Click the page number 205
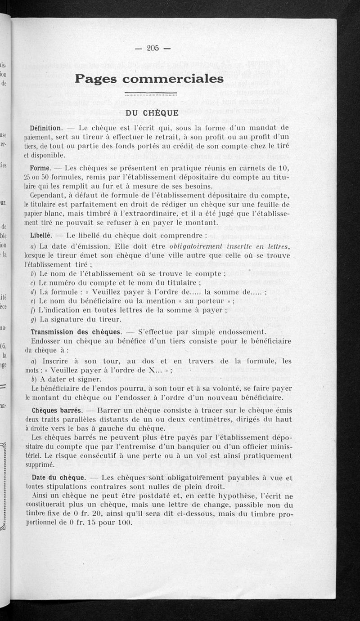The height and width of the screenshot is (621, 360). point(153,49)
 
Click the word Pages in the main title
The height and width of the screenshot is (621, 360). point(96,79)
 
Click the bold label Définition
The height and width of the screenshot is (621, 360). point(46,128)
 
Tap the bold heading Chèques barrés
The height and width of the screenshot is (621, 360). point(57,411)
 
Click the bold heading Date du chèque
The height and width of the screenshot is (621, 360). point(58,478)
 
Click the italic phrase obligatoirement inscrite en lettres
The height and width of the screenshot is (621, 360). point(229,246)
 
